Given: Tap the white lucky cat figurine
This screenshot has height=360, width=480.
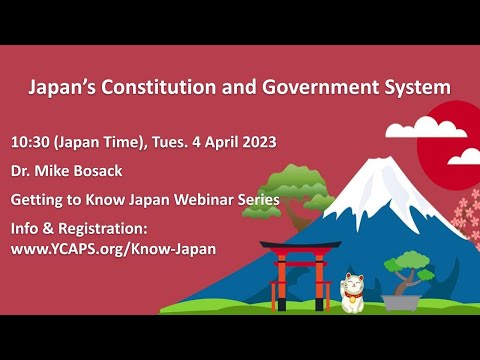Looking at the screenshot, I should [353, 293].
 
